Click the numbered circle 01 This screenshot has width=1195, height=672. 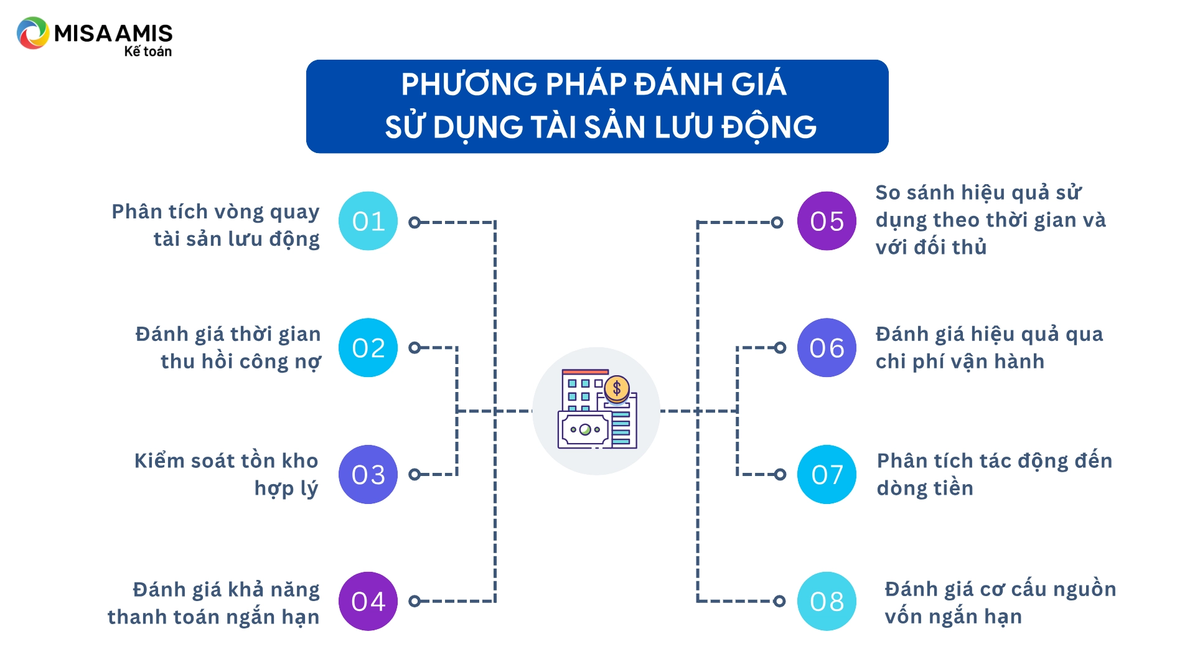pos(368,221)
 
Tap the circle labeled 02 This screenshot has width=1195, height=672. pos(368,348)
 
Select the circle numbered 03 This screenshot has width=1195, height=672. pos(368,474)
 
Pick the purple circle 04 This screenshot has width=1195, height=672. pos(368,601)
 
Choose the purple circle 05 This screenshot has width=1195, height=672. pos(827,221)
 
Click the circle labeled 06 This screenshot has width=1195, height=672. pos(827,348)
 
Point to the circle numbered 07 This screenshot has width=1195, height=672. pos(827,474)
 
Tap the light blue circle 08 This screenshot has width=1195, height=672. pos(827,601)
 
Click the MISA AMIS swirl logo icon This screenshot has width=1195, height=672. pos(33,33)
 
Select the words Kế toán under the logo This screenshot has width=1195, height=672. pos(148,52)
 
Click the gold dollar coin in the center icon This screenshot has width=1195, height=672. pos(617,389)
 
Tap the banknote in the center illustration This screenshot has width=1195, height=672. pos(585,429)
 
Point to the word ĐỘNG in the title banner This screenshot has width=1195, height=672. pos(769,128)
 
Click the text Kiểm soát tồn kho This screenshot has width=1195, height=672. pos(226,461)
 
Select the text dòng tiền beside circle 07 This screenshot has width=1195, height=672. pos(925,488)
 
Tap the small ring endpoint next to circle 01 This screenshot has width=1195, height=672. pos(415,222)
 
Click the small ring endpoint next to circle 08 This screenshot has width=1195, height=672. pos(779,601)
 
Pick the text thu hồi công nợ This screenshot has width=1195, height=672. pos(240,362)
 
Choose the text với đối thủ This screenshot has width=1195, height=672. pos(931,248)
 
